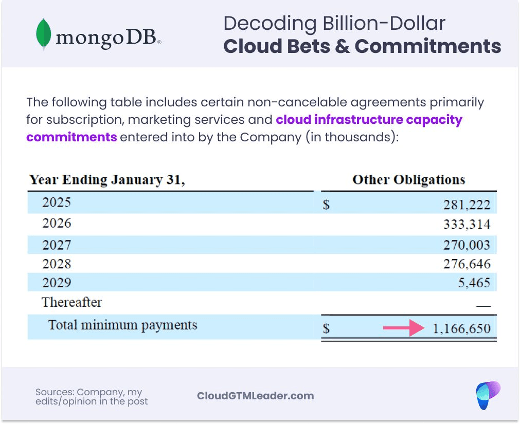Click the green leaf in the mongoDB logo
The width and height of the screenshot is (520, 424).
43,34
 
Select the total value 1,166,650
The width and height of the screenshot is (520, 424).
461,328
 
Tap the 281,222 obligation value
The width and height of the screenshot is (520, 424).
467,205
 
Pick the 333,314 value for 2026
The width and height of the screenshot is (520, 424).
467,225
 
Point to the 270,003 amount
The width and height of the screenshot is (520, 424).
467,245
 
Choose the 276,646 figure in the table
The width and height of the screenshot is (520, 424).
467,264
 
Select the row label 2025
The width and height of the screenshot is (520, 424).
57,202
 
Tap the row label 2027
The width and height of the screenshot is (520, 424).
57,245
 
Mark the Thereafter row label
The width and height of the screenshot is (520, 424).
72,302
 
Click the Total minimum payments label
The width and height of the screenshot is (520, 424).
122,325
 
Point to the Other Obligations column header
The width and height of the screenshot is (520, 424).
408,180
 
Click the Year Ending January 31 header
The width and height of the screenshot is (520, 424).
107,180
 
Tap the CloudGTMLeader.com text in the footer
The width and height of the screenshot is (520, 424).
255,396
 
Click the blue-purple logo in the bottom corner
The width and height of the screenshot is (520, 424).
487,395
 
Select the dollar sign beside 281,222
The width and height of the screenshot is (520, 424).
326,205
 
